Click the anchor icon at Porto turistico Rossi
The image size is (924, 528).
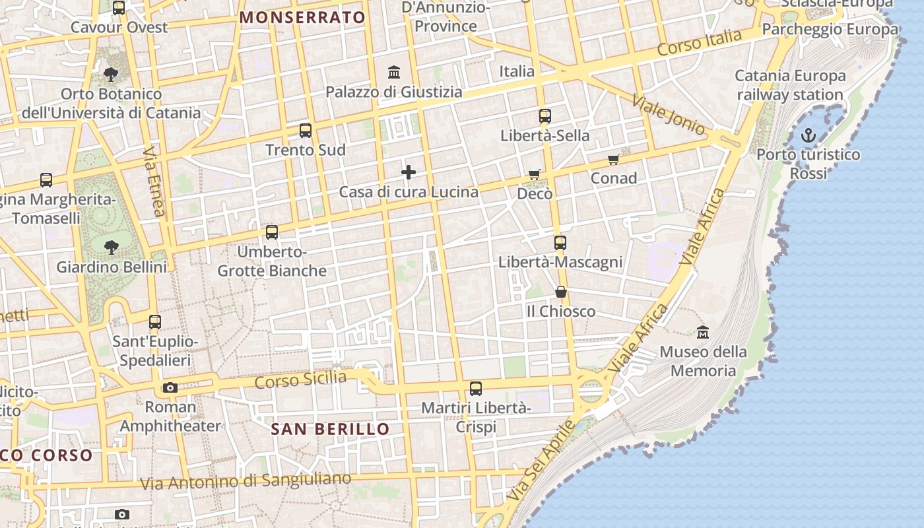pyautogui.click(x=808, y=135)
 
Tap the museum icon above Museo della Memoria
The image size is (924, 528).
pyautogui.click(x=702, y=331)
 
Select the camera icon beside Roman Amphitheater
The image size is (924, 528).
pyautogui.click(x=170, y=387)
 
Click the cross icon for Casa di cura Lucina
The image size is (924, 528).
pyautogui.click(x=409, y=173)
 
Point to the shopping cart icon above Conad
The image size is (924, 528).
pyautogui.click(x=614, y=159)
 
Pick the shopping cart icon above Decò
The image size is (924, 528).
pyautogui.click(x=535, y=174)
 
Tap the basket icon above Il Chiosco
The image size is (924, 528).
pyautogui.click(x=561, y=292)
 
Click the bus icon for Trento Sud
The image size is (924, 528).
pyautogui.click(x=305, y=131)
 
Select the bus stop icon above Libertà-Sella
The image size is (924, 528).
pyautogui.click(x=545, y=116)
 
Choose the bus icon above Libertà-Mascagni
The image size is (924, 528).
pyautogui.click(x=560, y=243)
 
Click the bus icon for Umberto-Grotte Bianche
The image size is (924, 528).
pyautogui.click(x=272, y=232)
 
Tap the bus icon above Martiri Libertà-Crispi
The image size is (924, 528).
pyautogui.click(x=476, y=389)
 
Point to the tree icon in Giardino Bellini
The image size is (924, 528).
pyautogui.click(x=111, y=247)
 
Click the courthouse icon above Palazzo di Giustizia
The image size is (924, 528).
pyautogui.click(x=394, y=71)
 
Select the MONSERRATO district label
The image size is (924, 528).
pyautogui.click(x=302, y=17)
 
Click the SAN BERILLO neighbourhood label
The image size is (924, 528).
pyautogui.click(x=330, y=429)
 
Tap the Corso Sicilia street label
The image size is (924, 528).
pyautogui.click(x=300, y=379)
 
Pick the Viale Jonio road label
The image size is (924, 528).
pyautogui.click(x=668, y=114)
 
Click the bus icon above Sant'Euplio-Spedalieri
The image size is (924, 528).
pyautogui.click(x=155, y=322)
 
